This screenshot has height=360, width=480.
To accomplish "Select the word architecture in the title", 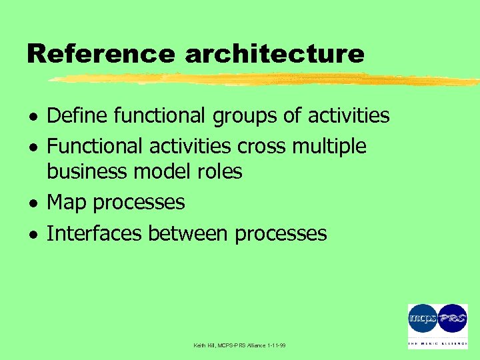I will click(274, 53).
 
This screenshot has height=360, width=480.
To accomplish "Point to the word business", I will click(87, 172).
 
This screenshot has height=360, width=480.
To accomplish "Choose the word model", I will click(163, 172).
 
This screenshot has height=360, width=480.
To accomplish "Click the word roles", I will click(219, 172).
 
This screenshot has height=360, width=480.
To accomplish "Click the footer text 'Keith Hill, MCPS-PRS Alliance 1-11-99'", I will click(239, 345).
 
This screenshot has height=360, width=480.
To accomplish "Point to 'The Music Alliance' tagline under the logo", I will click(437, 344).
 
